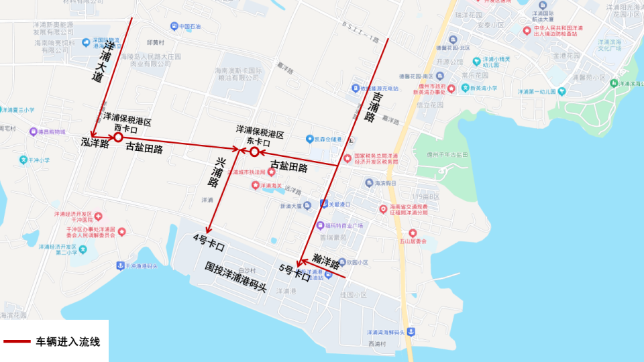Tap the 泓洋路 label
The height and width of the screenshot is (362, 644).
(95, 142)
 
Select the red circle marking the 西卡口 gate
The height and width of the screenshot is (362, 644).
(117, 137)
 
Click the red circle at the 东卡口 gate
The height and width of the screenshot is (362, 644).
(254, 152)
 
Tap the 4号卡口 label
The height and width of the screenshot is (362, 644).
(209, 242)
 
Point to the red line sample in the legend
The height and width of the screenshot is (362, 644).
(17, 342)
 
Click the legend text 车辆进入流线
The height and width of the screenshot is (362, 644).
(68, 342)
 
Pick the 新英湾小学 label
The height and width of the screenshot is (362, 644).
(483, 88)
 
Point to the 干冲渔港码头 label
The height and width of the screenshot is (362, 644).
(141, 266)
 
